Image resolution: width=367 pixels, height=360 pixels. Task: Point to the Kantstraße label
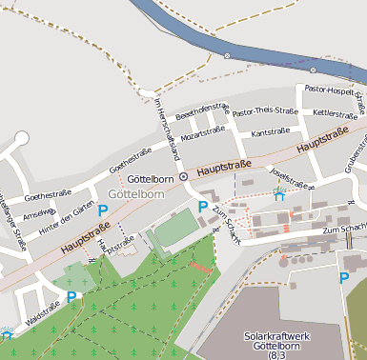(x=270, y=133)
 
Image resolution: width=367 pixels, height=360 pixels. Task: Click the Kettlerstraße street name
(x=335, y=113)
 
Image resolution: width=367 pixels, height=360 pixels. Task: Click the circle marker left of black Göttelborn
(x=184, y=176)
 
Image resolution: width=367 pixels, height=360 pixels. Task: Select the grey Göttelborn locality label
(x=137, y=194)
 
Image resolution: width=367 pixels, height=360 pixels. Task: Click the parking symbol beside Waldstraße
(x=71, y=298)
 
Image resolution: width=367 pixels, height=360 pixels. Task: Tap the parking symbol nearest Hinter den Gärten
(x=102, y=210)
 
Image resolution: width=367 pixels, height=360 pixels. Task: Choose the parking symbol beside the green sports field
(x=202, y=207)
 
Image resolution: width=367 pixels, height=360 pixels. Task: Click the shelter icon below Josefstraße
(x=278, y=196)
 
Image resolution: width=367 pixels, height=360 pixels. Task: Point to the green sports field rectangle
(x=174, y=230)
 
